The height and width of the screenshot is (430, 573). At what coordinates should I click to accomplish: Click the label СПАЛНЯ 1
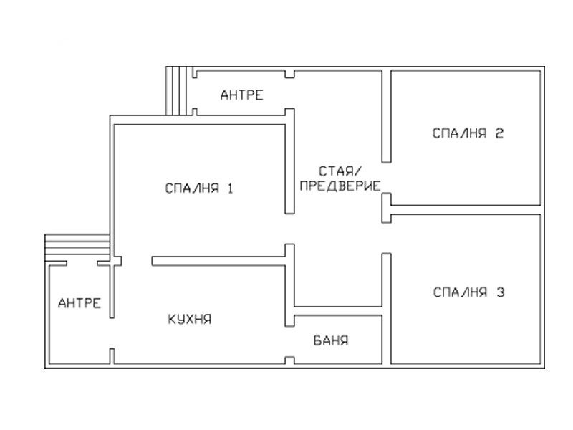point(199,188)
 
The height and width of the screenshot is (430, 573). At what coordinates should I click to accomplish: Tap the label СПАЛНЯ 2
point(468,133)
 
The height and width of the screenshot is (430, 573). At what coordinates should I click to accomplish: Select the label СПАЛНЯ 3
point(469,292)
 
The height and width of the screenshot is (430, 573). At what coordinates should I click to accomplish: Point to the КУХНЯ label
point(190,319)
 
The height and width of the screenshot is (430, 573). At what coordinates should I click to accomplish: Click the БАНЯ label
point(331,340)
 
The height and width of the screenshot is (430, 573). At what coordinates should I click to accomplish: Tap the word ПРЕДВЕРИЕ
point(340,186)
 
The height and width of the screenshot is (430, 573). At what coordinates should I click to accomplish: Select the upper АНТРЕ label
point(241,95)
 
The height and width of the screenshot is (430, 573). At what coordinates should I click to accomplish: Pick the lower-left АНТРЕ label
point(80,302)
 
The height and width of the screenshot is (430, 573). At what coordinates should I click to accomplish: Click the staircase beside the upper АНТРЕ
point(176,91)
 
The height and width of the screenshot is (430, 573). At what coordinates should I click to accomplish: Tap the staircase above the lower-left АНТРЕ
point(77,244)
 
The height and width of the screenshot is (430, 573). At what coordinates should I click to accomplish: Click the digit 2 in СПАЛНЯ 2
point(499,133)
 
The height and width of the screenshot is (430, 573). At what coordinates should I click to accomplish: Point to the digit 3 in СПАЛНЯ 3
point(500,292)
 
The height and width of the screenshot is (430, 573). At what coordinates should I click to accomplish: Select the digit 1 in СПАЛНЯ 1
point(230,188)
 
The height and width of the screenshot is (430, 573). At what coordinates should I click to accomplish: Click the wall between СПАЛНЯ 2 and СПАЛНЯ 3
point(466,210)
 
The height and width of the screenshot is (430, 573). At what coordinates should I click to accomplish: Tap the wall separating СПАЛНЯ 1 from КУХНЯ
point(218,261)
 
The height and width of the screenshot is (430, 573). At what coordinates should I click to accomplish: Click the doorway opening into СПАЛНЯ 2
point(387,178)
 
